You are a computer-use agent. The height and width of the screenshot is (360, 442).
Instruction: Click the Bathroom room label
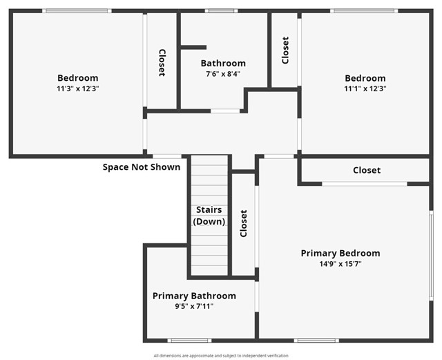click(223, 63)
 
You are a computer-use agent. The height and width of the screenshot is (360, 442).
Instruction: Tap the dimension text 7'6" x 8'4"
click(223, 74)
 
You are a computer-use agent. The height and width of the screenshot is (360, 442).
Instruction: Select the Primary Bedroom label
click(340, 253)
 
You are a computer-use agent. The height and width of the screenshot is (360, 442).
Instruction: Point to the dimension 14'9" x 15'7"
click(340, 264)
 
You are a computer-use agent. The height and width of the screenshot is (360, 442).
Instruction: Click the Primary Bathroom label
click(194, 296)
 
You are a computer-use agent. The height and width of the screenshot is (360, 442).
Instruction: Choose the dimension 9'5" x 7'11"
click(194, 306)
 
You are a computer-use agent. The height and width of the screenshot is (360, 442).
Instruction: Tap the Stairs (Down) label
click(209, 216)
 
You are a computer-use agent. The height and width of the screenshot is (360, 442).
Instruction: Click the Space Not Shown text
click(142, 167)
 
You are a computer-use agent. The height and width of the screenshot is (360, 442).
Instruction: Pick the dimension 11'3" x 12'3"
click(77, 88)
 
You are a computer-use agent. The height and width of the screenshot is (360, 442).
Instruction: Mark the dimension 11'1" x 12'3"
click(365, 88)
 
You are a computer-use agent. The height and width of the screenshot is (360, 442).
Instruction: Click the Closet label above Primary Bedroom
click(367, 170)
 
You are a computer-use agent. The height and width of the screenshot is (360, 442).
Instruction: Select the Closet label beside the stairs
click(243, 223)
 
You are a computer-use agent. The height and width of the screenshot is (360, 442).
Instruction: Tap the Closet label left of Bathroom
click(162, 62)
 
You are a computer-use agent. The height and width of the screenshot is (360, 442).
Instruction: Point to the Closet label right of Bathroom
click(285, 50)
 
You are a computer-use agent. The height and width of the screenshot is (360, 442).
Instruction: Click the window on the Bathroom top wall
click(222, 10)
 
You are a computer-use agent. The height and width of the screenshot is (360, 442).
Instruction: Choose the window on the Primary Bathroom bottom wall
click(189, 340)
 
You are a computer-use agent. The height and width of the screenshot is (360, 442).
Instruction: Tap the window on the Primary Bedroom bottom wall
click(316, 340)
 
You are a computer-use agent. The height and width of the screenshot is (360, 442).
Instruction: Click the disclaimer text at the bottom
click(221, 355)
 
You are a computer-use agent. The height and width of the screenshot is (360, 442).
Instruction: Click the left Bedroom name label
click(77, 78)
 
